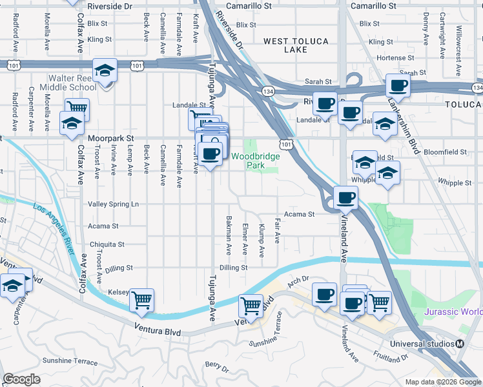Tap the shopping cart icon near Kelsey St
[x=141, y=299]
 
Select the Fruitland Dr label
[x=391, y=355]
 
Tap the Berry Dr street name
[x=216, y=367]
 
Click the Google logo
[x=21, y=379]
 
